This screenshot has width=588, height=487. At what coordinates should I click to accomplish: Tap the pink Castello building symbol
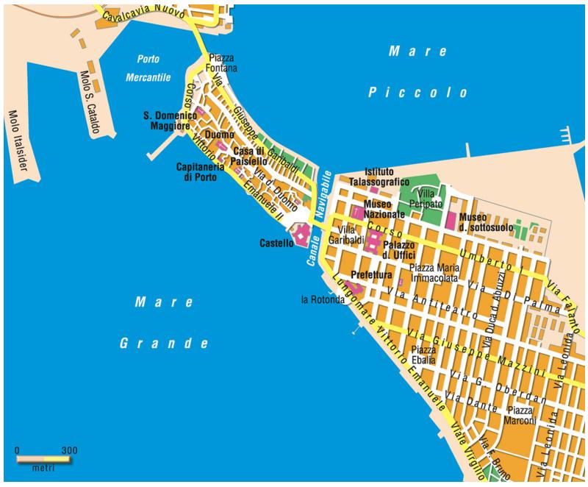click(x=301, y=238)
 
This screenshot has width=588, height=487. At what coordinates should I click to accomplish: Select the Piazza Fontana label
click(x=223, y=63)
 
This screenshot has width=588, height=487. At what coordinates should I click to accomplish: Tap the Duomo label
click(x=220, y=136)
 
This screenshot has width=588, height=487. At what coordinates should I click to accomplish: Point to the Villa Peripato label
click(x=430, y=198)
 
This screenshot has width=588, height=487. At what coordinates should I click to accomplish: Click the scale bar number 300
click(x=69, y=450)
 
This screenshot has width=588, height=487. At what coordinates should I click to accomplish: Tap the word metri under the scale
click(x=43, y=469)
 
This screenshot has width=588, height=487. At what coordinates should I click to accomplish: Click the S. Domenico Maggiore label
click(x=170, y=121)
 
